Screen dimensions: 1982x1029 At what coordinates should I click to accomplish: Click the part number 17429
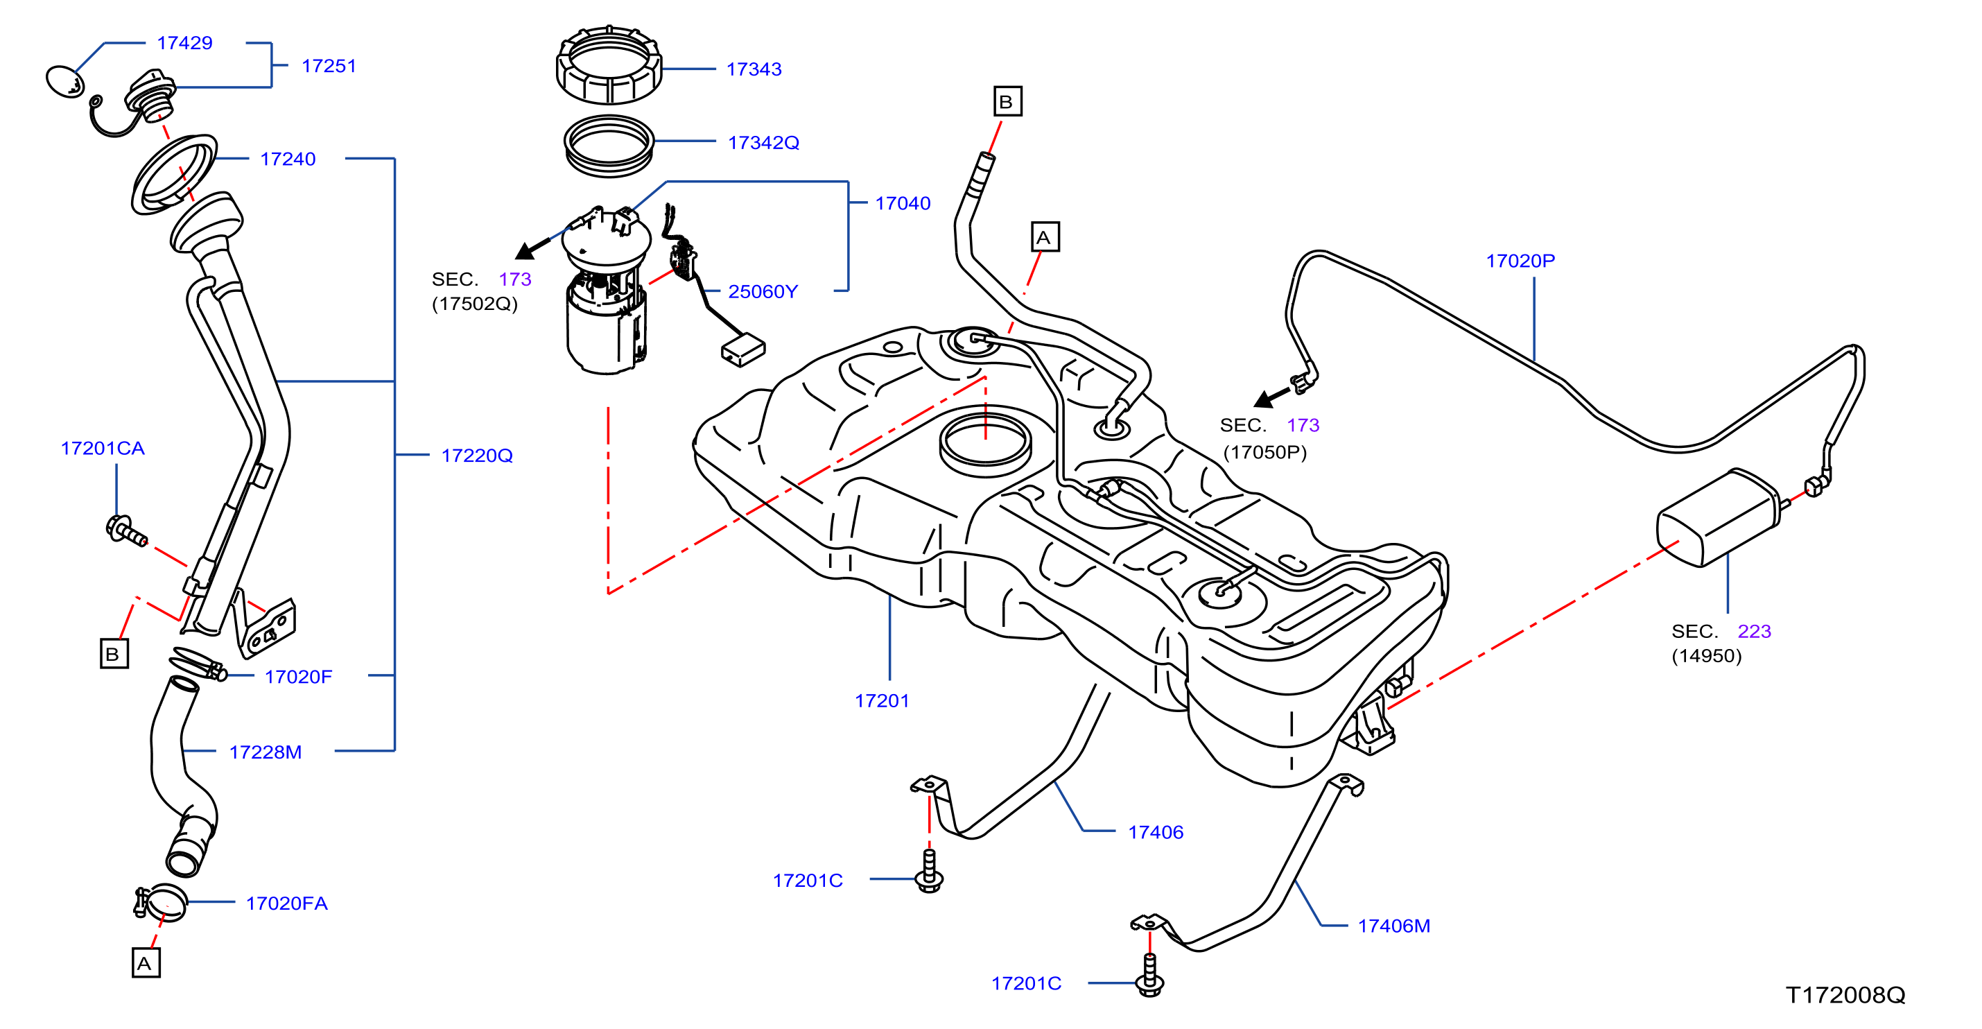tap(184, 43)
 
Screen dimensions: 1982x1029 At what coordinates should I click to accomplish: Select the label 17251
tap(329, 66)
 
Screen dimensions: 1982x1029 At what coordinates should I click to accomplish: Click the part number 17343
tap(754, 69)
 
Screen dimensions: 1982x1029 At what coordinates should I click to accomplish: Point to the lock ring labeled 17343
tap(609, 64)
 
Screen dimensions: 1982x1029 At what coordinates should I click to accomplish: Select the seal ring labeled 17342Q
tap(609, 146)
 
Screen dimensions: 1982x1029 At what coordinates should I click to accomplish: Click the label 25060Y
tap(763, 292)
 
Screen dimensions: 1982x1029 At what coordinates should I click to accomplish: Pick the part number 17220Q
tap(477, 456)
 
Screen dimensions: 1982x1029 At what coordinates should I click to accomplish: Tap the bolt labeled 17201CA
tap(125, 531)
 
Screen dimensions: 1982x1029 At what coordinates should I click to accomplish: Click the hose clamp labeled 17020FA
tap(161, 902)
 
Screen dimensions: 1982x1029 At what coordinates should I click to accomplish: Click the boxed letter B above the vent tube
tap(1007, 102)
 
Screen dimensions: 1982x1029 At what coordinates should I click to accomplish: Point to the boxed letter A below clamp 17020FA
tap(146, 963)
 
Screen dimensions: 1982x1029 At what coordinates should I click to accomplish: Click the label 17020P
tap(1520, 261)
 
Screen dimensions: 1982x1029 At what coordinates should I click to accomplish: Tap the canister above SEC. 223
tap(1718, 518)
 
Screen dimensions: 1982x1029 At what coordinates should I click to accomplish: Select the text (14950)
tap(1707, 656)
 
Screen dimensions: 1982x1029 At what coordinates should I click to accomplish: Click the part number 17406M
tap(1394, 926)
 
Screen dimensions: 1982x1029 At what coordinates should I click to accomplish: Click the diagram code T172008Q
tap(1845, 995)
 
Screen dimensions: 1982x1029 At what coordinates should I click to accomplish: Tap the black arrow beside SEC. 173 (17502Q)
tap(532, 248)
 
